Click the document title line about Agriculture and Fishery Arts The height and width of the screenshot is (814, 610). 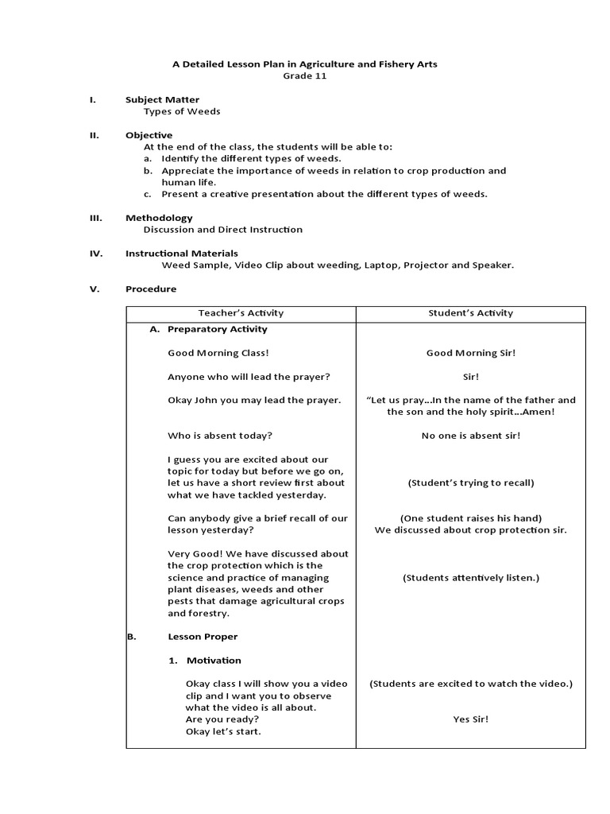305,64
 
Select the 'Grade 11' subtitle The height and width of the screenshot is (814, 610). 305,76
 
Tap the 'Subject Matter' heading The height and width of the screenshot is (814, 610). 162,99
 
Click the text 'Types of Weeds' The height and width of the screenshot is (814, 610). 182,111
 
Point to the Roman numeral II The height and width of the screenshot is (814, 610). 93,135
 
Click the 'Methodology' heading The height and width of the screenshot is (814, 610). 159,218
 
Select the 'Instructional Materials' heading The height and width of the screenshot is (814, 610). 182,254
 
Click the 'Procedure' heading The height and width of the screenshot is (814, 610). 151,289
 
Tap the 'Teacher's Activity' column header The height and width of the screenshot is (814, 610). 241,313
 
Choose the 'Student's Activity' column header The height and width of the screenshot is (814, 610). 470,313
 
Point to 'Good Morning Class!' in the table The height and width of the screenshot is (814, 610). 213,353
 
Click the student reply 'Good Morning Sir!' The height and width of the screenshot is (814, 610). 470,353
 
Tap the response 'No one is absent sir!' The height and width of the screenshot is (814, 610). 470,436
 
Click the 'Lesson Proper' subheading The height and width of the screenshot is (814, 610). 203,637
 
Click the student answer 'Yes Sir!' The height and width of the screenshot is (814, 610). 470,719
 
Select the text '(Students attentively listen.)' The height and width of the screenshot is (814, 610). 470,578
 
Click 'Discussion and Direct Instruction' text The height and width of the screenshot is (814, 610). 222,230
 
